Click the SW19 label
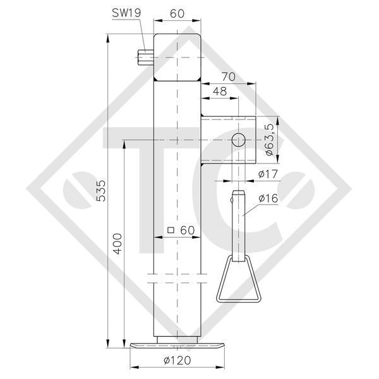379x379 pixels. (x=126, y=13)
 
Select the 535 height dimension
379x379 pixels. (x=101, y=191)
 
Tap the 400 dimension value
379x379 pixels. (x=117, y=243)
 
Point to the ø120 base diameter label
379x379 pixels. (x=177, y=361)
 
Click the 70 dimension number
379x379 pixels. (x=229, y=77)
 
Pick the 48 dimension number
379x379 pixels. (x=220, y=92)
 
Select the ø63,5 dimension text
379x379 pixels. (x=269, y=140)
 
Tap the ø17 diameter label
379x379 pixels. (x=268, y=174)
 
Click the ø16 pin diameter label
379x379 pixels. (x=268, y=198)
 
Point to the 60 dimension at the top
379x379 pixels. (x=177, y=13)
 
